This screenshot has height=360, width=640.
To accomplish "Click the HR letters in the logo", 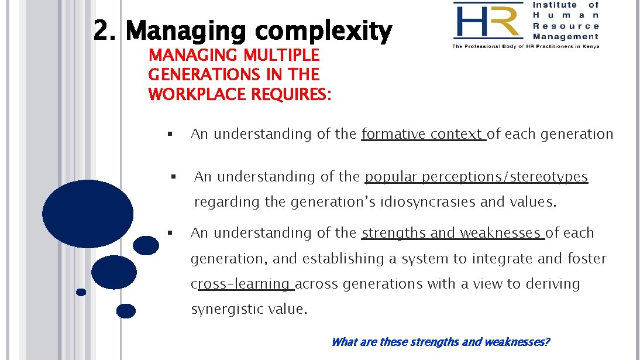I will click(487, 21).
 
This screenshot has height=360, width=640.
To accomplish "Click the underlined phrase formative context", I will click(423, 134).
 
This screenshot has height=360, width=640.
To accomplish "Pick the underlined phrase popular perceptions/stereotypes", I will click(476, 177).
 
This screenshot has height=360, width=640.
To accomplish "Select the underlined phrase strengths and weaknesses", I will click(452, 233).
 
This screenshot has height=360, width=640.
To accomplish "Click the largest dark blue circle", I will click(88, 214).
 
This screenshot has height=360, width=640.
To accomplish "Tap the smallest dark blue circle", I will click(81, 292).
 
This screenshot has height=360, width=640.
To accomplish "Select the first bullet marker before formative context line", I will click(168, 134).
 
